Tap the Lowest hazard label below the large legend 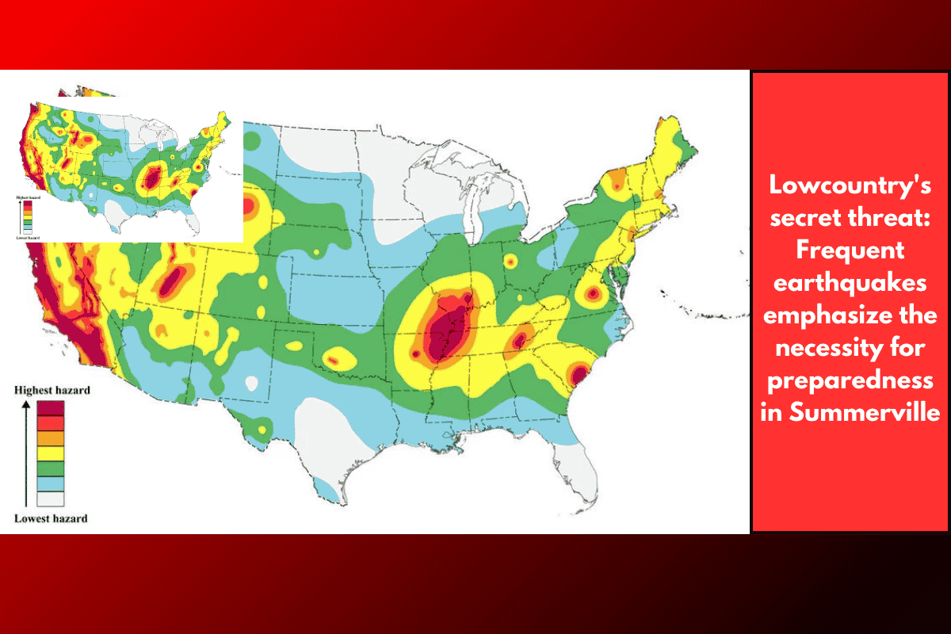(x=51, y=519)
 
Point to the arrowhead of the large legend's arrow (x=25, y=403)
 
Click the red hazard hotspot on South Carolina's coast (x=579, y=373)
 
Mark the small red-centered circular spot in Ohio (x=510, y=261)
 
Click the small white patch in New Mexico (x=251, y=383)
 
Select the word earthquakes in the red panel (x=850, y=283)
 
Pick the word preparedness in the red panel (x=850, y=380)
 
